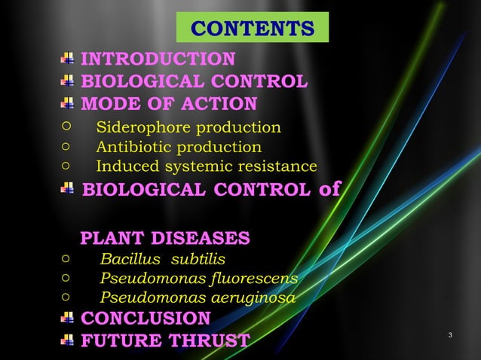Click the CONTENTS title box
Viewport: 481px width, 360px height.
click(253, 28)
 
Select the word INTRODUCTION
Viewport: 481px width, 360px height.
click(158, 59)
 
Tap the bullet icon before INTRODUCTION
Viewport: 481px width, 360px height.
click(68, 59)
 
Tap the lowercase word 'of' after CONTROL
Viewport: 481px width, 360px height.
click(329, 188)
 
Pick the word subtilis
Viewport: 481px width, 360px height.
click(198, 260)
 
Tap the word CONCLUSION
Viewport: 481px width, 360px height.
click(146, 318)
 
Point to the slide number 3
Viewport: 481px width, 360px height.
click(449, 334)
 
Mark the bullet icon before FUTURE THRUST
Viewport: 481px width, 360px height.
click(68, 340)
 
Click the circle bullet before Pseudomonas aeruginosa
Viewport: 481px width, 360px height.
click(66, 297)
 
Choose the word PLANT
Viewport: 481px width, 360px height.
click(112, 239)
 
